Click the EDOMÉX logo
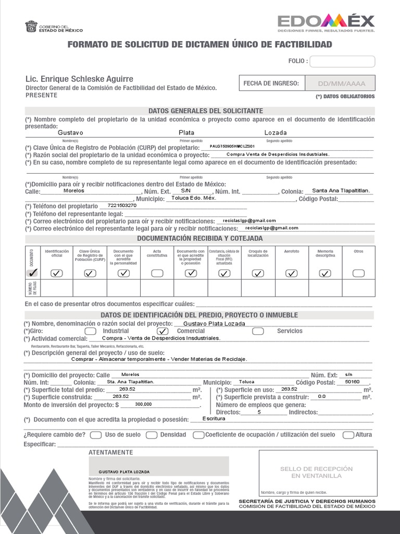click(326, 22)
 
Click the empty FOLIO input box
click(342, 62)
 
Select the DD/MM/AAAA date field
click(342, 83)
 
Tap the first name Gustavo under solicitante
click(70, 132)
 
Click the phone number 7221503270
click(122, 205)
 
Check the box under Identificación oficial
click(57, 273)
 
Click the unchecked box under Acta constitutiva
click(157, 273)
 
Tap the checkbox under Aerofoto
click(292, 273)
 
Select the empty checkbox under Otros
click(358, 273)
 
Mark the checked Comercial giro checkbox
click(162, 331)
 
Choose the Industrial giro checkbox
click(90, 331)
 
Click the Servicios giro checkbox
click(258, 331)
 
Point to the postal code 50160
click(352, 382)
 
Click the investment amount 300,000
click(143, 404)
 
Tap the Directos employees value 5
click(259, 412)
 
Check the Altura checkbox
click(348, 435)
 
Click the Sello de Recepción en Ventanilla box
click(318, 473)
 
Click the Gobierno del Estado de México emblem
click(31, 27)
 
